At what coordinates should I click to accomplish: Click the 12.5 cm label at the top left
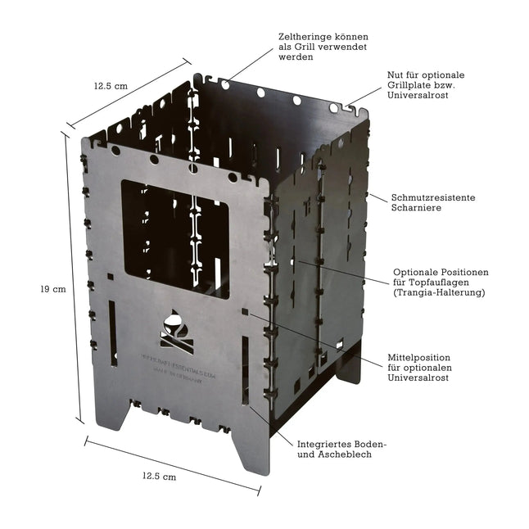(111, 85)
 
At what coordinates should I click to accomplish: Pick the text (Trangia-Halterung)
(440, 292)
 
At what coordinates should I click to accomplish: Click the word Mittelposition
(420, 358)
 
